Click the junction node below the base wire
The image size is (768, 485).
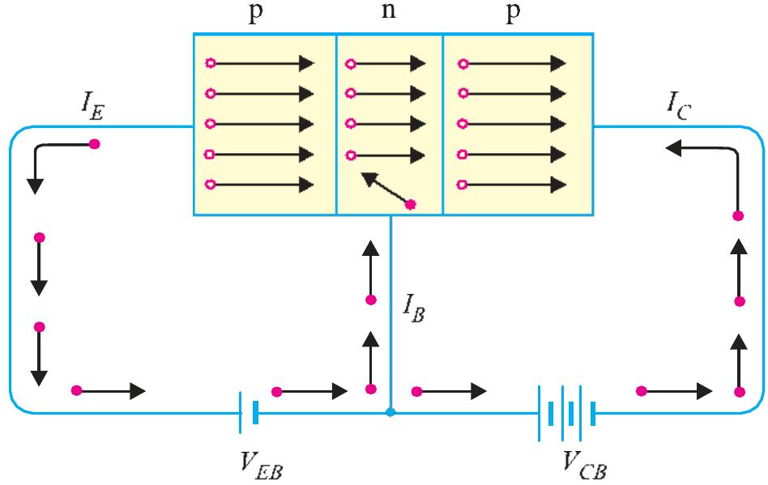(390, 412)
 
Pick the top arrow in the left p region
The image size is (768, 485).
(262, 62)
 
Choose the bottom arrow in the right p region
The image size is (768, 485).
(514, 185)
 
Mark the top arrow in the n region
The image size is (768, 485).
(386, 62)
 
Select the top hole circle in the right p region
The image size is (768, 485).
(462, 62)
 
